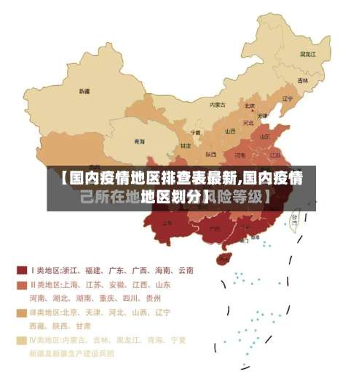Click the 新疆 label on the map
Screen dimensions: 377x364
coord(84,92)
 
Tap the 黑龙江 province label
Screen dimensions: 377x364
coord(308,54)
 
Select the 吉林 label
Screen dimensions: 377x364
coord(301,81)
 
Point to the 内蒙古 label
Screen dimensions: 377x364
coord(218,105)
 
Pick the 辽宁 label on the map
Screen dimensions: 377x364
coord(288,99)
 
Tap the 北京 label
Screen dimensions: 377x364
coord(250,105)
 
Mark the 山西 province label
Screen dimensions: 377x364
coord(230,131)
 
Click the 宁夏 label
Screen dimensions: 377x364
coord(195,133)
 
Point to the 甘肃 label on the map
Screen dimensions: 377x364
coord(186,146)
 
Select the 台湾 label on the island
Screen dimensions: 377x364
coord(295,217)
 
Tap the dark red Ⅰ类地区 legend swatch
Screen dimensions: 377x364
coord(22,270)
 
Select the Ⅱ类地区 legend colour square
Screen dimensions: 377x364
coord(22,285)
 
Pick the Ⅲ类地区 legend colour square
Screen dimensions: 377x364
coord(22,313)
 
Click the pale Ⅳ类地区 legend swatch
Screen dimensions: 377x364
coord(22,340)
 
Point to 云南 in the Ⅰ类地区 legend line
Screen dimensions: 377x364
coord(185,270)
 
